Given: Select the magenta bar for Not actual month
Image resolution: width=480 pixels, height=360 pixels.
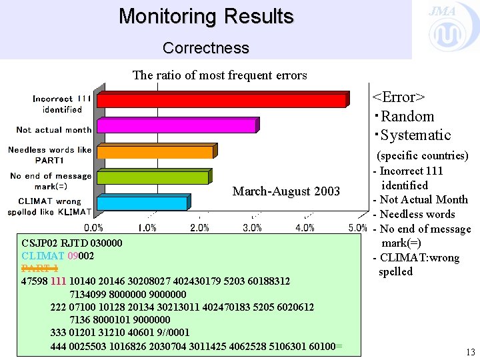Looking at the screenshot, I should click(177, 125).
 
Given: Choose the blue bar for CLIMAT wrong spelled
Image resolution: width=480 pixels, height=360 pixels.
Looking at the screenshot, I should click(143, 203).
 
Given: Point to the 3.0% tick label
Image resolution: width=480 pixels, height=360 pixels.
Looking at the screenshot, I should click(252, 228).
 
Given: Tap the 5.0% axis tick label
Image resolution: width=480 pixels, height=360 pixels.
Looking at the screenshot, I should click(357, 228).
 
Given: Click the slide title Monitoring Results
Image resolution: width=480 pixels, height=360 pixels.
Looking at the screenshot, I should click(206, 16).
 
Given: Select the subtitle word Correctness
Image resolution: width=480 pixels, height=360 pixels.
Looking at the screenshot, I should click(206, 48).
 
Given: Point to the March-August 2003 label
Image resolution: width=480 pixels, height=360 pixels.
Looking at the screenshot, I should click(286, 192).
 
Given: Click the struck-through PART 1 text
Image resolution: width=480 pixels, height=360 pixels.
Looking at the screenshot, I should click(40, 269).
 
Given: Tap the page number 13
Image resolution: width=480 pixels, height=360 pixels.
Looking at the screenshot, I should click(471, 352).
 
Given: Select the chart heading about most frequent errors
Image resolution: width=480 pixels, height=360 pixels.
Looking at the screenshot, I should click(220, 75).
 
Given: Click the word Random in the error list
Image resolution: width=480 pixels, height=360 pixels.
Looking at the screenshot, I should click(407, 117).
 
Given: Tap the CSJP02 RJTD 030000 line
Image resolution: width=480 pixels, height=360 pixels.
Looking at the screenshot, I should click(72, 243).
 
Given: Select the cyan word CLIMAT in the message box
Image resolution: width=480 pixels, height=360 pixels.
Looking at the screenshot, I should click(43, 256).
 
